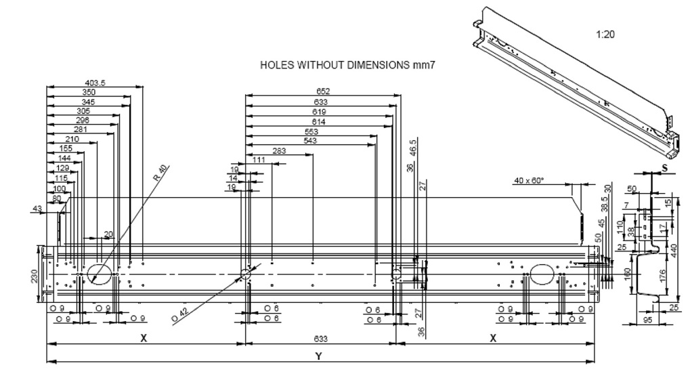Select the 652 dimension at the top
(x=323, y=91)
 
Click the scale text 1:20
(x=605, y=34)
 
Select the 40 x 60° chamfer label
(x=529, y=181)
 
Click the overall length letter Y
(x=318, y=356)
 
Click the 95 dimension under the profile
(x=648, y=320)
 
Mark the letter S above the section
(x=664, y=166)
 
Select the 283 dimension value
(x=278, y=151)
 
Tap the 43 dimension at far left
(x=37, y=208)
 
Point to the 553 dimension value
(x=311, y=131)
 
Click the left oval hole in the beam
(x=99, y=272)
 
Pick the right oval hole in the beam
(x=542, y=273)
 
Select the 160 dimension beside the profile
(x=627, y=274)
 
